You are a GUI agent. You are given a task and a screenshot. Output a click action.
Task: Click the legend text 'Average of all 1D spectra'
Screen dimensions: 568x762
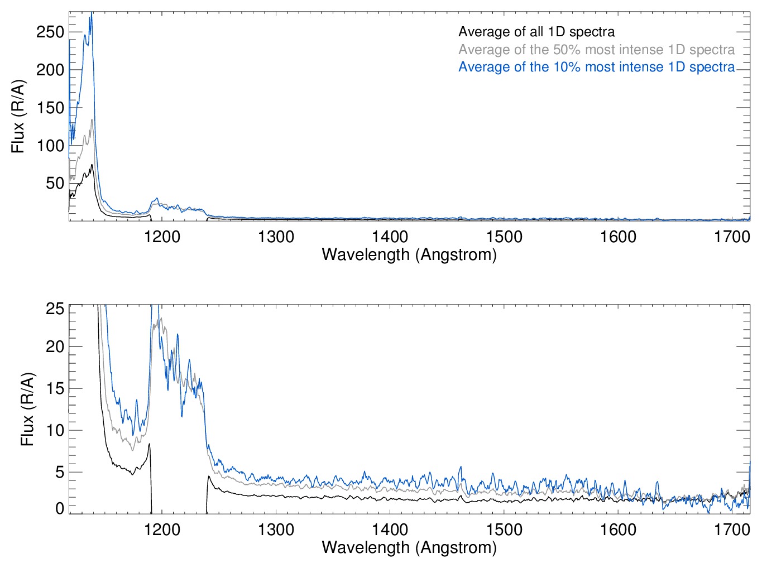[536, 32]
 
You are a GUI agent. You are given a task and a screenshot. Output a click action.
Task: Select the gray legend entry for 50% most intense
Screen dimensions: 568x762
[596, 50]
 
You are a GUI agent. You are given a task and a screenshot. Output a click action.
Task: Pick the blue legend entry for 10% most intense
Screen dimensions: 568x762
[596, 67]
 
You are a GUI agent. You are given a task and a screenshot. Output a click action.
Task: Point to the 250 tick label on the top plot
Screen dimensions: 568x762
[50, 32]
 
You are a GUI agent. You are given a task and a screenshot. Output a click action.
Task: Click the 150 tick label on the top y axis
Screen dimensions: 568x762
[50, 108]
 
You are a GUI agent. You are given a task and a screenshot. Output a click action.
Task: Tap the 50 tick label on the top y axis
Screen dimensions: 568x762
[55, 183]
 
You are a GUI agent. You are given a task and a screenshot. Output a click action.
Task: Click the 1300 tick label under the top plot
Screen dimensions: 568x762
[276, 237]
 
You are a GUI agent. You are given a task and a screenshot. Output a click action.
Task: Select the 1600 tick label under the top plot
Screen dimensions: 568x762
[618, 237]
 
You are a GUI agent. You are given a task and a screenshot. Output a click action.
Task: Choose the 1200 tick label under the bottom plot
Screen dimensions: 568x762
[162, 530]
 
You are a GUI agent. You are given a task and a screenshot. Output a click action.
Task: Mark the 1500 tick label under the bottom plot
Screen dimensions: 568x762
[504, 530]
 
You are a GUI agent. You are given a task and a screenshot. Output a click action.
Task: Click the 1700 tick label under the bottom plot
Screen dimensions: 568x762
[732, 530]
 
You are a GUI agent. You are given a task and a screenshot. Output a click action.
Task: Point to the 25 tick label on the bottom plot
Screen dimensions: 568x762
[55, 309]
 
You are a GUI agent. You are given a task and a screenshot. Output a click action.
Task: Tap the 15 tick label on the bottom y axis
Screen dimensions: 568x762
[55, 388]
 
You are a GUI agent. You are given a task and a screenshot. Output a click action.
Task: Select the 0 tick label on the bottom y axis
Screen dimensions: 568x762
[59, 508]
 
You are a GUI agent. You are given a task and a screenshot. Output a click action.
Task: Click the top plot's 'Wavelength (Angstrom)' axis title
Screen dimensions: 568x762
[409, 255]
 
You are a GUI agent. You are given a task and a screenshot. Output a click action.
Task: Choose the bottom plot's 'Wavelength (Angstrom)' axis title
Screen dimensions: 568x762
[409, 547]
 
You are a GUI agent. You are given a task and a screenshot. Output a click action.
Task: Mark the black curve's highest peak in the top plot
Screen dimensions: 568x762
[92, 165]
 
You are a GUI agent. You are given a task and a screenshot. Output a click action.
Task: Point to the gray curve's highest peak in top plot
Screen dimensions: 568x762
[92, 119]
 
